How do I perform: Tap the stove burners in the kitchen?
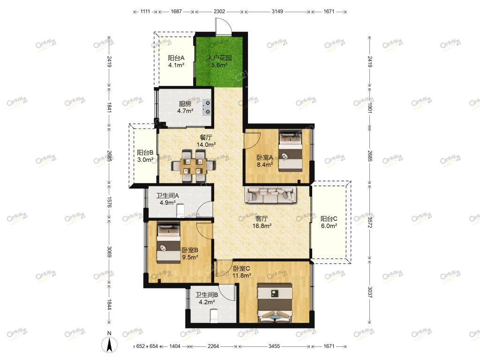click(207, 107)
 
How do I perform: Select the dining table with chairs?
click(193, 165)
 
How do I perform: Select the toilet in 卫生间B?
click(214, 316)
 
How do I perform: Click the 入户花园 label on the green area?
click(219, 58)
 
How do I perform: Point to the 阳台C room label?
click(329, 218)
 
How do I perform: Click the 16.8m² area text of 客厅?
click(262, 226)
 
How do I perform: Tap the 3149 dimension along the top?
click(277, 12)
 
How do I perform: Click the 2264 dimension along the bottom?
click(213, 346)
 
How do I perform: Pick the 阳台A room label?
click(176, 58)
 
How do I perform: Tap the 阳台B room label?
click(145, 152)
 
